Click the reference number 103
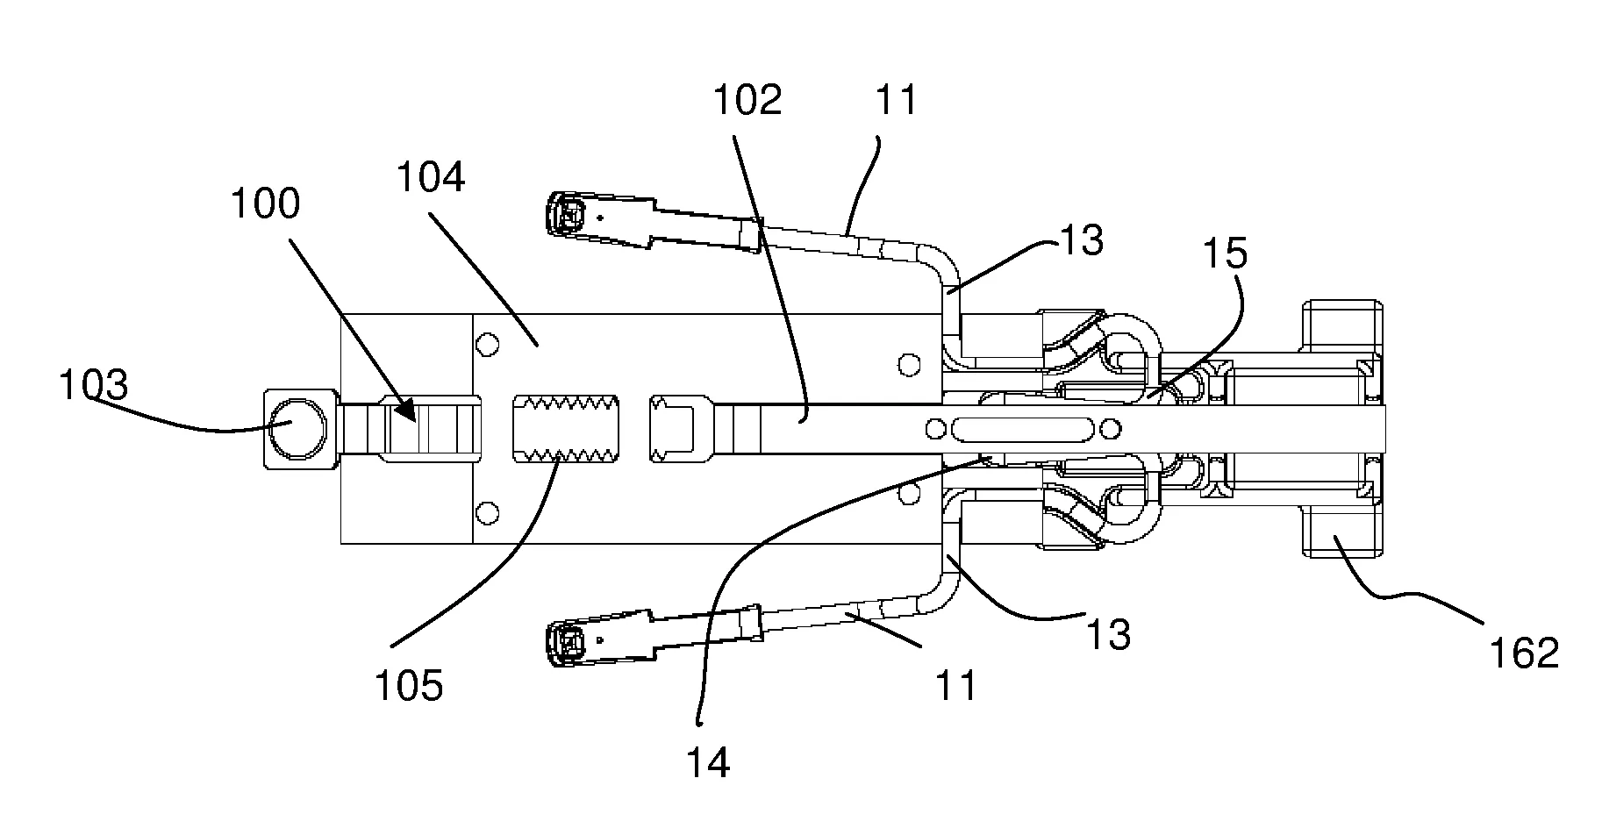[x=93, y=385]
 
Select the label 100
[x=265, y=203]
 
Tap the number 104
[x=431, y=178]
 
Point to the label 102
[x=747, y=101]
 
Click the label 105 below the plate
[x=409, y=686]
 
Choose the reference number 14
[x=707, y=763]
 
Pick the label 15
[x=1225, y=253]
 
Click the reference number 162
[x=1525, y=653]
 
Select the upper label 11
[x=896, y=101]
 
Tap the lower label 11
[x=955, y=684]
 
